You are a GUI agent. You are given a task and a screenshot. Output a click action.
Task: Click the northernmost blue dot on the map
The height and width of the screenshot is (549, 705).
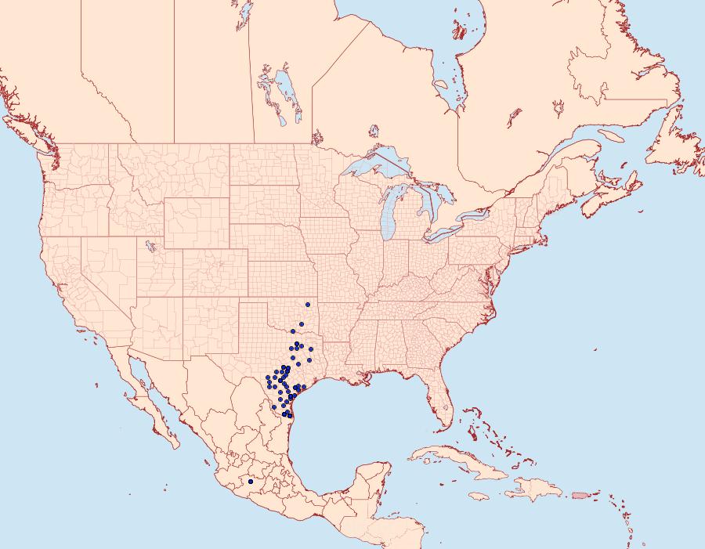pyautogui.click(x=309, y=304)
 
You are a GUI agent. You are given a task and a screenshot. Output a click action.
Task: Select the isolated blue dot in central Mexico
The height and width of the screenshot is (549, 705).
pyautogui.click(x=250, y=482)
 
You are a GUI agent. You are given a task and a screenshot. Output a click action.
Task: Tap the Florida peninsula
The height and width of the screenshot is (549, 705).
pyautogui.click(x=441, y=403)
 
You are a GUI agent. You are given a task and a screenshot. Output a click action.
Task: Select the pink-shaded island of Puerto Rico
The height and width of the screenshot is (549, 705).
pyautogui.click(x=580, y=494)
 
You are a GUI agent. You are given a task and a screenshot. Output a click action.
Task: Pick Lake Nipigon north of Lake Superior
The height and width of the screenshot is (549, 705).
pyautogui.click(x=373, y=131)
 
